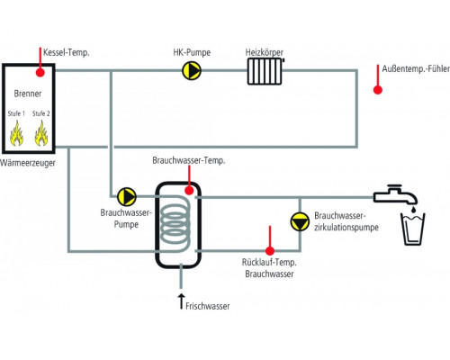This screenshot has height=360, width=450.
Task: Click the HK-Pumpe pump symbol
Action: click(x=192, y=71)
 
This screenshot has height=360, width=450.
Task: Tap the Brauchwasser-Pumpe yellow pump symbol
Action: click(x=127, y=196)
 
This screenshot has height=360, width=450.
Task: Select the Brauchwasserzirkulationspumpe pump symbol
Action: click(x=300, y=221)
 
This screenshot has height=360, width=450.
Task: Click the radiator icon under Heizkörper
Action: click(x=265, y=71)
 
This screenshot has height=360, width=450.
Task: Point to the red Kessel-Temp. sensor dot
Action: click(x=40, y=72)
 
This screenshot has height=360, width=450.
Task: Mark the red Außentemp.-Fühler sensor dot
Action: click(x=377, y=90)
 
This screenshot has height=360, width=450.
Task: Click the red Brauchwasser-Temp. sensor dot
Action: click(x=189, y=190)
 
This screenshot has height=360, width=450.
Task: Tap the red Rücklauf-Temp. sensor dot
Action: click(x=270, y=251)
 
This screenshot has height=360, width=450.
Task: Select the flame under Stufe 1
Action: click(x=16, y=133)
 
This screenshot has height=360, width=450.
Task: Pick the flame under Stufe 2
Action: click(x=41, y=133)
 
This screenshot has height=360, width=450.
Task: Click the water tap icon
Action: click(x=395, y=194)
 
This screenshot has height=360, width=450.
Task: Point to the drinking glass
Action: click(x=413, y=229)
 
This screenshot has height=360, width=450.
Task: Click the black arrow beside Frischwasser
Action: click(x=181, y=301)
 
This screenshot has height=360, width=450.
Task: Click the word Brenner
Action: click(x=28, y=94)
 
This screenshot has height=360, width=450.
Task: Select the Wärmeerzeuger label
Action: click(x=28, y=163)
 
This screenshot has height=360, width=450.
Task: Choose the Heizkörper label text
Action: click(x=265, y=52)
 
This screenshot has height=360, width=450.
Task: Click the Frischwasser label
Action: click(x=208, y=306)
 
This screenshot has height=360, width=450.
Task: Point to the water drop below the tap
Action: click(x=413, y=210)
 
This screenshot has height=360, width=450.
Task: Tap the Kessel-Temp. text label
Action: click(x=67, y=52)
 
